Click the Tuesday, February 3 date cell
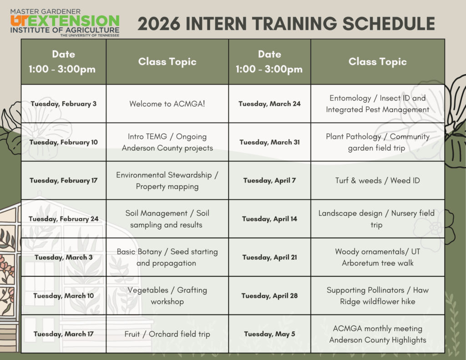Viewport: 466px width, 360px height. (x=64, y=104)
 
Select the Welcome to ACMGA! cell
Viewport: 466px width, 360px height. (x=167, y=104)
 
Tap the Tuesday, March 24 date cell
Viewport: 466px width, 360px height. (x=269, y=104)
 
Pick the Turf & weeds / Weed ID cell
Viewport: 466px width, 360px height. (x=377, y=180)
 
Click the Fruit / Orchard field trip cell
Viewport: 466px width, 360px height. (x=167, y=334)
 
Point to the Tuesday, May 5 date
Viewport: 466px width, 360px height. (x=269, y=334)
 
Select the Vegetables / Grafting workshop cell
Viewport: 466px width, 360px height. (x=167, y=296)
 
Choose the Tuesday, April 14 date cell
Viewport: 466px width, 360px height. (x=269, y=219)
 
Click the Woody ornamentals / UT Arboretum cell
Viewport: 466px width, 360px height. (x=377, y=258)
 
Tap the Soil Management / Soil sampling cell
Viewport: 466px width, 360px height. (x=167, y=219)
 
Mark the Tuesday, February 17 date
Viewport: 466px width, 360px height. (x=64, y=180)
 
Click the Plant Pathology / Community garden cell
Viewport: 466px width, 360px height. (x=377, y=142)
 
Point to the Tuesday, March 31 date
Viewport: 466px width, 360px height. (x=269, y=142)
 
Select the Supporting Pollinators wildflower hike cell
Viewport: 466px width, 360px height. (x=377, y=296)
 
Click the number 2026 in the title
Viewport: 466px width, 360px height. (x=159, y=24)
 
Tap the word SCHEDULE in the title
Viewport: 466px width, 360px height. (x=389, y=24)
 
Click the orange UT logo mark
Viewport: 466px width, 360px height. (x=20, y=21)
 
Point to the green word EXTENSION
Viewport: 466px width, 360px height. (x=74, y=21)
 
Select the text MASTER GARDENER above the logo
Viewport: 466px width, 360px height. (x=46, y=11)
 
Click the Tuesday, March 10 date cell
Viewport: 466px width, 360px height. (x=64, y=296)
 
